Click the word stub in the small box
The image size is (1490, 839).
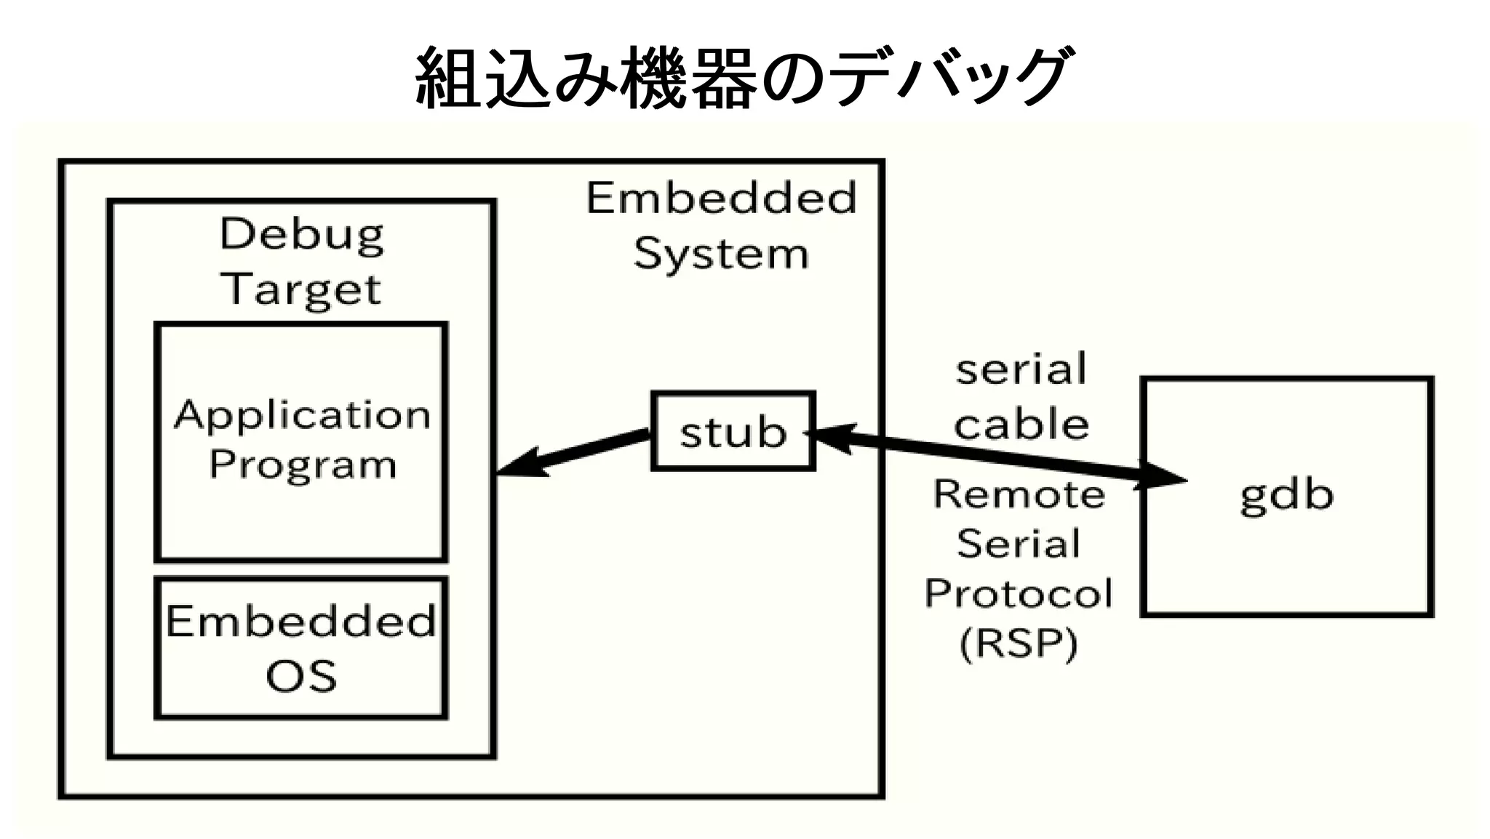point(733,432)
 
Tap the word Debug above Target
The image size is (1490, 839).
point(301,235)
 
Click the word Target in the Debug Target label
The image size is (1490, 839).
point(301,289)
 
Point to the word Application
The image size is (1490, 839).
point(301,416)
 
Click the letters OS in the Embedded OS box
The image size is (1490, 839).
point(301,676)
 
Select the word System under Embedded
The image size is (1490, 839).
point(720,254)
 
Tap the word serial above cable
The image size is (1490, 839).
point(1021,369)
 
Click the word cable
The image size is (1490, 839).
point(1021,425)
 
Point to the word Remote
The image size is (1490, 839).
point(1019,495)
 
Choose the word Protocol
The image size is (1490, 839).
point(1019,593)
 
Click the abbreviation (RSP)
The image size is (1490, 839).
point(1019,643)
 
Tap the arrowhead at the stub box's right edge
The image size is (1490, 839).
point(829,436)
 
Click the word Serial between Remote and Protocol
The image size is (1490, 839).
point(1019,544)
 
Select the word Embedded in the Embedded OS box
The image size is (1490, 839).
point(301,622)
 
